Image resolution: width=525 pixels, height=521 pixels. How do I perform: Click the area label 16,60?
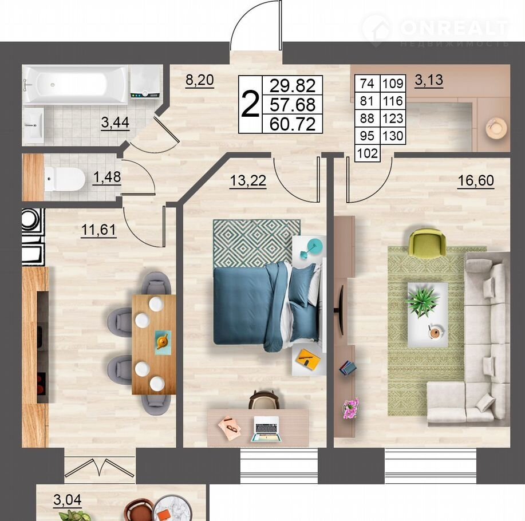click(475, 180)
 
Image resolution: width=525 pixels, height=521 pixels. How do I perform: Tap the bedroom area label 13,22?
click(248, 180)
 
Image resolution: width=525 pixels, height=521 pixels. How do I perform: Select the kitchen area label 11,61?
click(98, 230)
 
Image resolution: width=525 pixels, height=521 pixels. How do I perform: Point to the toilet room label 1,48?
click(107, 177)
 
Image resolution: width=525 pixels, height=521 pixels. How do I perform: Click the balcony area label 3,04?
click(68, 500)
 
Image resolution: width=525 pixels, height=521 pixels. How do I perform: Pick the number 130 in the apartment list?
click(393, 136)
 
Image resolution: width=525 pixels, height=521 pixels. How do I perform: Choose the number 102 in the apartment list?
click(368, 153)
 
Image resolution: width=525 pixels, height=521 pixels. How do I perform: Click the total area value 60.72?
click(293, 124)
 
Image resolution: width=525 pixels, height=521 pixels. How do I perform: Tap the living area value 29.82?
click(293, 85)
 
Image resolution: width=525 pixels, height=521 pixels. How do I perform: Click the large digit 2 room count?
click(250, 104)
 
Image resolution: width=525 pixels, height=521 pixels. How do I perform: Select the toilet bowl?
click(65, 179)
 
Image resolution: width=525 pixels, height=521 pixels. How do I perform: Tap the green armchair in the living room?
click(428, 243)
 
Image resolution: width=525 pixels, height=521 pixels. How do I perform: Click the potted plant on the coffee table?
click(422, 301)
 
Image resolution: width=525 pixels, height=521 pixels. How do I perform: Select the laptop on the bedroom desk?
click(266, 429)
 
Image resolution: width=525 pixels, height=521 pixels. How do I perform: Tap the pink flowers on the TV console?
click(350, 408)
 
